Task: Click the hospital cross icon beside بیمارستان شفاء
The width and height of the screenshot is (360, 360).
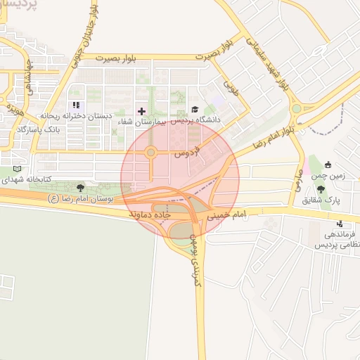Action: click(142, 111)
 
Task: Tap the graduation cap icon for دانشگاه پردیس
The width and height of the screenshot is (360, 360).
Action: click(195, 110)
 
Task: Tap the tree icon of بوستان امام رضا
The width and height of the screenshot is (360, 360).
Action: click(80, 188)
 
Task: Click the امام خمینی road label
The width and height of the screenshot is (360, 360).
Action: click(229, 214)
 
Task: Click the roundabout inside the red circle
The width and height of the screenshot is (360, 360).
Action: click(150, 153)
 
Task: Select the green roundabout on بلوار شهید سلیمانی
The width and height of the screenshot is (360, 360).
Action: click(296, 109)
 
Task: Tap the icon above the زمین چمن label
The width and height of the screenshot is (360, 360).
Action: click(328, 165)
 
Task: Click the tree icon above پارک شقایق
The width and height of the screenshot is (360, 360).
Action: click(321, 189)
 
